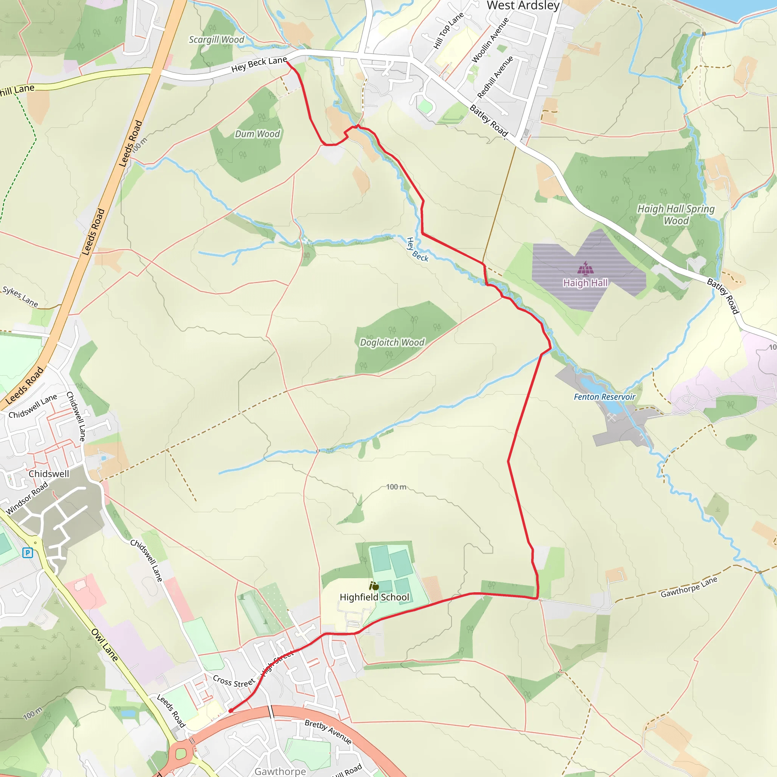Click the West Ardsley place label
pyautogui.click(x=523, y=6)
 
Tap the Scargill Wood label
pyautogui.click(x=216, y=39)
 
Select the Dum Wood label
pyautogui.click(x=257, y=134)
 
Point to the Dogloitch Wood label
pyautogui.click(x=392, y=342)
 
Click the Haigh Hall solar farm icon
pyautogui.click(x=585, y=267)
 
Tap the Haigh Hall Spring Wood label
pyautogui.click(x=676, y=215)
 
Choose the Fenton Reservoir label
pyautogui.click(x=604, y=397)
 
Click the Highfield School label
pyautogui.click(x=374, y=597)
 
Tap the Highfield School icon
pyautogui.click(x=374, y=586)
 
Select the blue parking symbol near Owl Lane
pyautogui.click(x=27, y=552)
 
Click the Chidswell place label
pyautogui.click(x=49, y=474)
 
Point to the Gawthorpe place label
pyautogui.click(x=280, y=771)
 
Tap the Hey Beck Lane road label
pyautogui.click(x=259, y=64)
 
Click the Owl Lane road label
pyautogui.click(x=105, y=645)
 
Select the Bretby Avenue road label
pyautogui.click(x=328, y=731)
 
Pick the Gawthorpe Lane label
pyautogui.click(x=689, y=587)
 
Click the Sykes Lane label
pyautogui.click(x=20, y=296)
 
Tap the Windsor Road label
pyautogui.click(x=27, y=498)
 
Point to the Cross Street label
pyautogui.click(x=234, y=681)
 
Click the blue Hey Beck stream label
pyautogui.click(x=417, y=250)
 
